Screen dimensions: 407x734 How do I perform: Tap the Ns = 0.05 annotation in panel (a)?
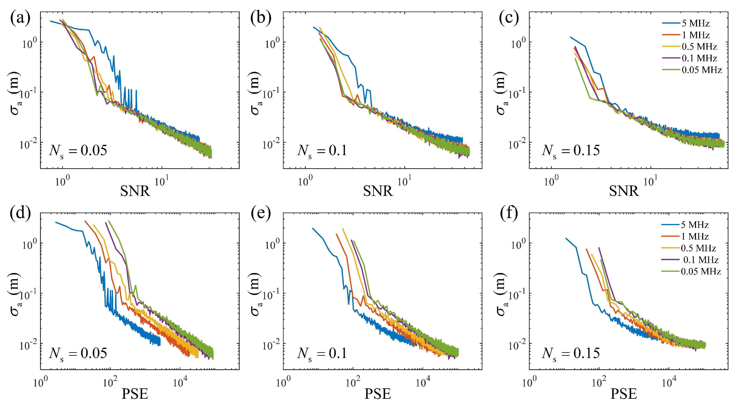coord(78,151)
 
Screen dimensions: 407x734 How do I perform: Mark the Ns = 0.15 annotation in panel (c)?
coord(571,151)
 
